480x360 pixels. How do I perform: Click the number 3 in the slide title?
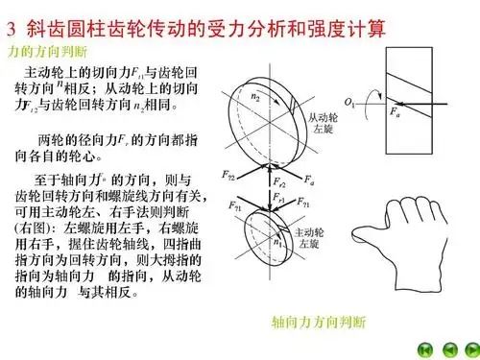pos(12,17)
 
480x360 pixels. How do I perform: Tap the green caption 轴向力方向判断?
pos(320,320)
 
